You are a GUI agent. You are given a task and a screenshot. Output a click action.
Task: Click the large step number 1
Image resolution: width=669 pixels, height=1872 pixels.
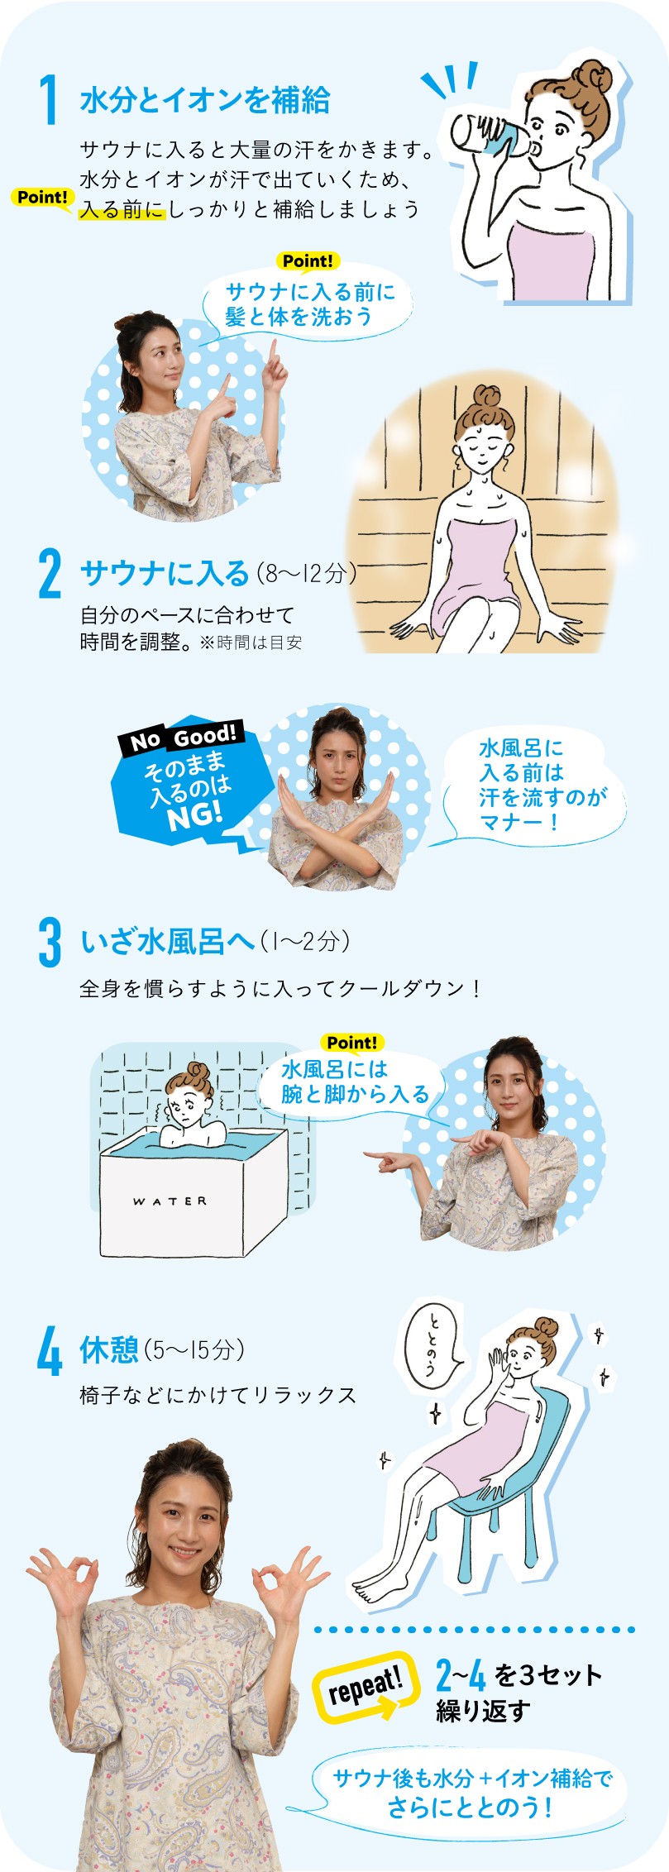(50, 100)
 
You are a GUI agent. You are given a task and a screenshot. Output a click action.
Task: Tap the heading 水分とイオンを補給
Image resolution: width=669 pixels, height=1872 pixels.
(205, 101)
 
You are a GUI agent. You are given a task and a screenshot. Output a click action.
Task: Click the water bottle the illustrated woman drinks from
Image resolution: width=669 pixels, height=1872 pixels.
(487, 132)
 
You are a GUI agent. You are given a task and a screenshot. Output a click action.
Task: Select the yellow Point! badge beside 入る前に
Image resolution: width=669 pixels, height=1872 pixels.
(42, 198)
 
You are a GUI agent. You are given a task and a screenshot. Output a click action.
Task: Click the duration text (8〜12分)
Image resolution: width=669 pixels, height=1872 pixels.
(306, 573)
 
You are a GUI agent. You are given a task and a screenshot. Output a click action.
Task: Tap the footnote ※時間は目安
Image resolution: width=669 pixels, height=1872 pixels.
(251, 642)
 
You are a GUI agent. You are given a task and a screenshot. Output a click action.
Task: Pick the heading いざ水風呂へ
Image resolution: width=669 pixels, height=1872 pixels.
(167, 942)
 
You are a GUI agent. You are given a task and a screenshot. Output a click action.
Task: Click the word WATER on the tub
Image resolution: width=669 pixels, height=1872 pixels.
(170, 1201)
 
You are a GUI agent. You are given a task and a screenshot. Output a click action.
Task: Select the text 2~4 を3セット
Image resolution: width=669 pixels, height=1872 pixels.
(519, 1676)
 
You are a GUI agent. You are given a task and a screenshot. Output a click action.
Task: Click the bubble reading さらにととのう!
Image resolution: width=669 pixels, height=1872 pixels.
(471, 1790)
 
